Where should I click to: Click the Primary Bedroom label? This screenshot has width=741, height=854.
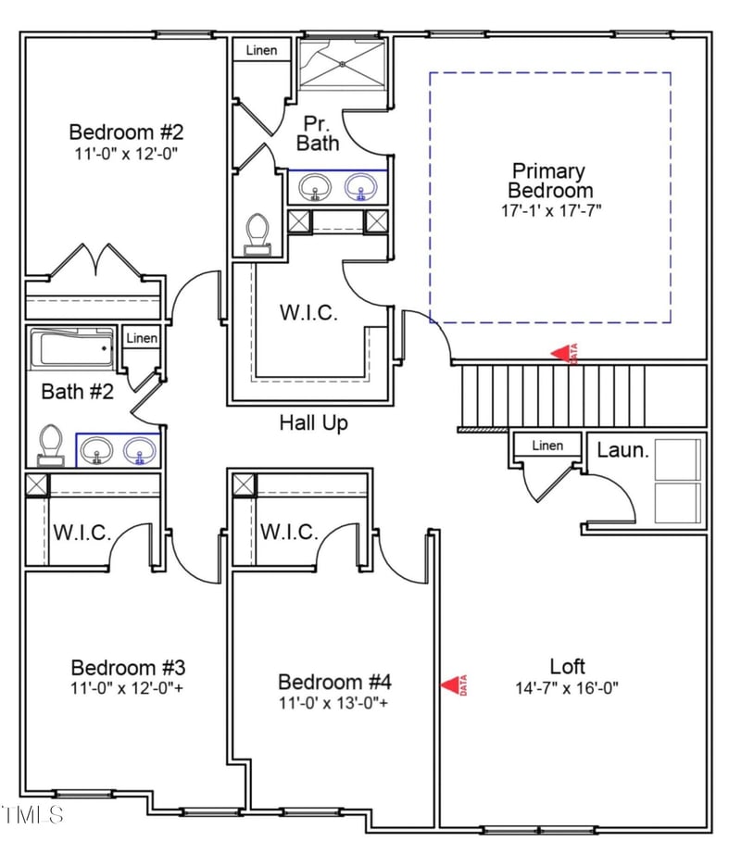point(548,181)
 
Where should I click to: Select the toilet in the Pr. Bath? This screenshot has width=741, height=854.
point(257,232)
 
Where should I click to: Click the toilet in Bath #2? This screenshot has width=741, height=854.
point(51,444)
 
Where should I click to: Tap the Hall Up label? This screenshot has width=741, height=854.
point(314,423)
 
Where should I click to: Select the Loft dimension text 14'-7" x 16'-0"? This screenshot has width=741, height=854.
point(567,688)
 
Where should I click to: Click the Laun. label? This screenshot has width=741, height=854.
point(622,451)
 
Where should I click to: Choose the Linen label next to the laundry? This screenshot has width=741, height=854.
point(547,446)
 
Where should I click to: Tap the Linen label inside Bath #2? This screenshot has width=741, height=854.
point(142,338)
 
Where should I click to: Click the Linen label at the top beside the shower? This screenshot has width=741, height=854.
point(261,50)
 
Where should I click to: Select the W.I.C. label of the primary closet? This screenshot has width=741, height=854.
point(308,312)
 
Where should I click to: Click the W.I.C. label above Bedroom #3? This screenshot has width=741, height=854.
point(82,534)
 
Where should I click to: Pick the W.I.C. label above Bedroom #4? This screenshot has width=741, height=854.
point(289,533)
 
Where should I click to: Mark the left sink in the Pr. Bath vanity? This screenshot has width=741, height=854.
point(316,189)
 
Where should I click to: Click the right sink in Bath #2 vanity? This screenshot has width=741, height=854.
point(140,452)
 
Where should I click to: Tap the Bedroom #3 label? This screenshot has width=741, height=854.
point(129,668)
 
